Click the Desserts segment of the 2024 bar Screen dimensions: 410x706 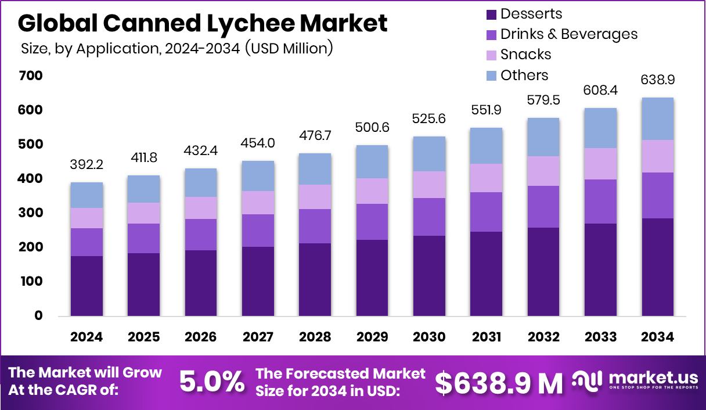coord(87,286)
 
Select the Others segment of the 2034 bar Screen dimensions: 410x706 coord(657,118)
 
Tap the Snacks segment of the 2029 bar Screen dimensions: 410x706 coord(372,191)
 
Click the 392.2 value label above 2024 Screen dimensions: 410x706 coord(87,166)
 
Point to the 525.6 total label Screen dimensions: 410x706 coord(428,118)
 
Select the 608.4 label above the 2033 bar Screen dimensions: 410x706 coord(600,90)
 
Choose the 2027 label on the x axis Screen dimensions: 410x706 coord(258,337)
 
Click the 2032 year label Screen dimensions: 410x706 coord(543,337)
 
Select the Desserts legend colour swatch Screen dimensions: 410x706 coord(491,14)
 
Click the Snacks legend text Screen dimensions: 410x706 coord(525,55)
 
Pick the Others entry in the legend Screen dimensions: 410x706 coord(524,75)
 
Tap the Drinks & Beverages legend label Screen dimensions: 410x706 coord(568,34)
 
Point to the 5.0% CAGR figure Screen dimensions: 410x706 coord(211,382)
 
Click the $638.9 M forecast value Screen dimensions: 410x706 coord(499,383)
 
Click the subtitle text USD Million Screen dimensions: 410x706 coord(289,49)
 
